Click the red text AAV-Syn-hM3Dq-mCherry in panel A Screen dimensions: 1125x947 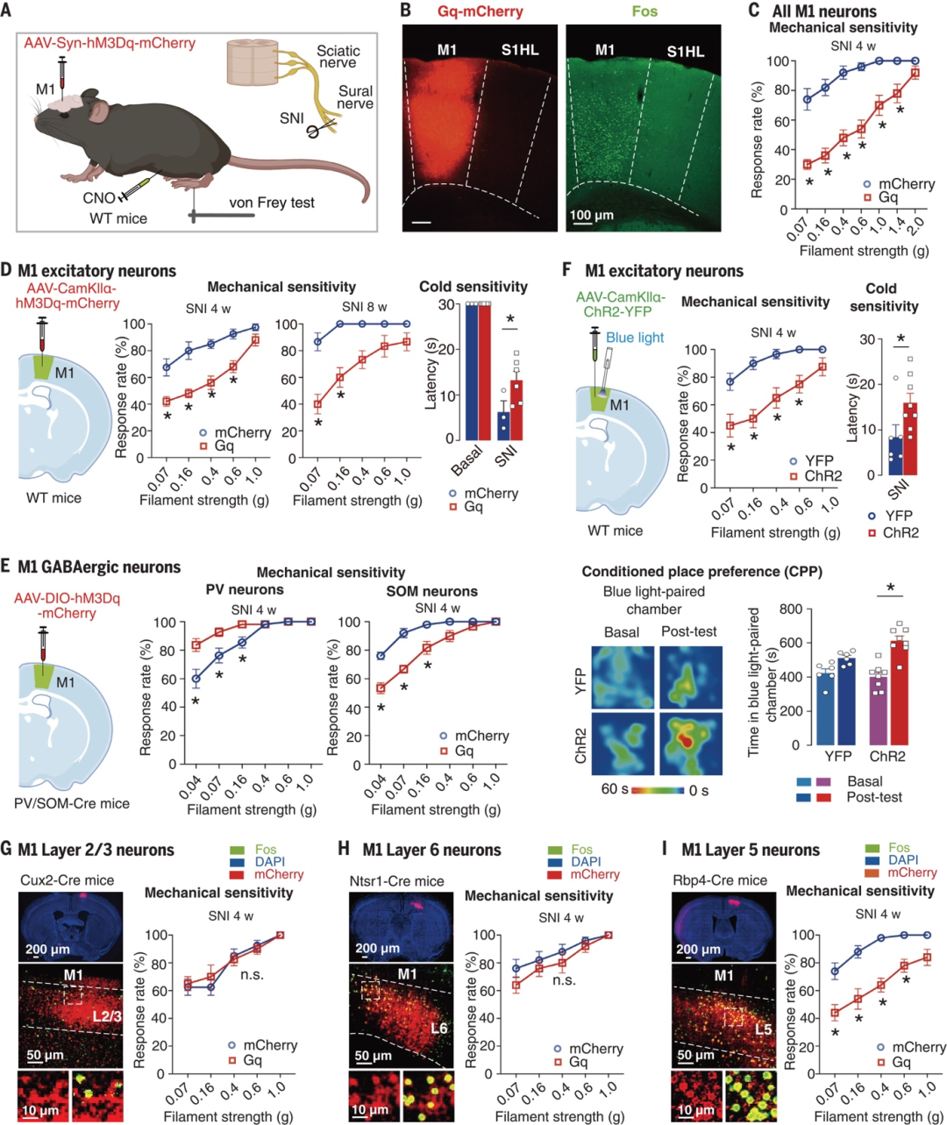pos(110,43)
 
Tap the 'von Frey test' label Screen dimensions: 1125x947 pos(272,203)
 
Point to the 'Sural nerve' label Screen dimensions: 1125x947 pos(355,97)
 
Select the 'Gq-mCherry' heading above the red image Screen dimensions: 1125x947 pos(481,11)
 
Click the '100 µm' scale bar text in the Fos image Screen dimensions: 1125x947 pos(592,216)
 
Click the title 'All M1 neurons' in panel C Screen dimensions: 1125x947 pos(823,11)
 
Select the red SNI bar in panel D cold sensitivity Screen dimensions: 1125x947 pos(517,409)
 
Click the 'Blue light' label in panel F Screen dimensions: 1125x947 pos(635,338)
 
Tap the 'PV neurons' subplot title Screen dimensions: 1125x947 pos(245,590)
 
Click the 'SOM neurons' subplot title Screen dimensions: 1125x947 pos(431,591)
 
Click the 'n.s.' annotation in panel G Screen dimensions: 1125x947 pos(252,974)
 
